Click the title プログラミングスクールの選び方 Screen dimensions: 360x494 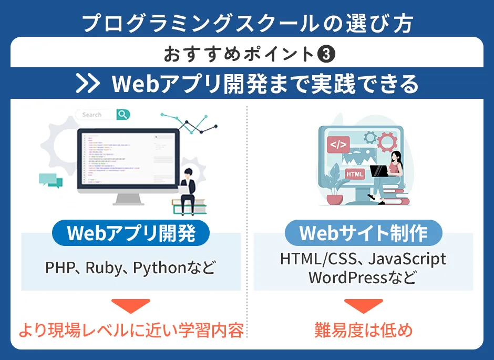click(x=247, y=23)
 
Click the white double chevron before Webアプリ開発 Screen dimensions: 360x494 click(x=88, y=84)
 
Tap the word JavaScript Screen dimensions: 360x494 click(x=407, y=259)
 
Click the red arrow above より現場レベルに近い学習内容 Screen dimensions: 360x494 click(x=131, y=306)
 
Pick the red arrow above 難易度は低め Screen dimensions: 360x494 click(x=363, y=306)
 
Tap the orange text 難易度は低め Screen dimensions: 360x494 click(x=363, y=331)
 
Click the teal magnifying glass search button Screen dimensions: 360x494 click(x=123, y=115)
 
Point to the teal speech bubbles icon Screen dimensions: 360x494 click(x=50, y=180)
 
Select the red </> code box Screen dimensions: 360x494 click(x=338, y=143)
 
